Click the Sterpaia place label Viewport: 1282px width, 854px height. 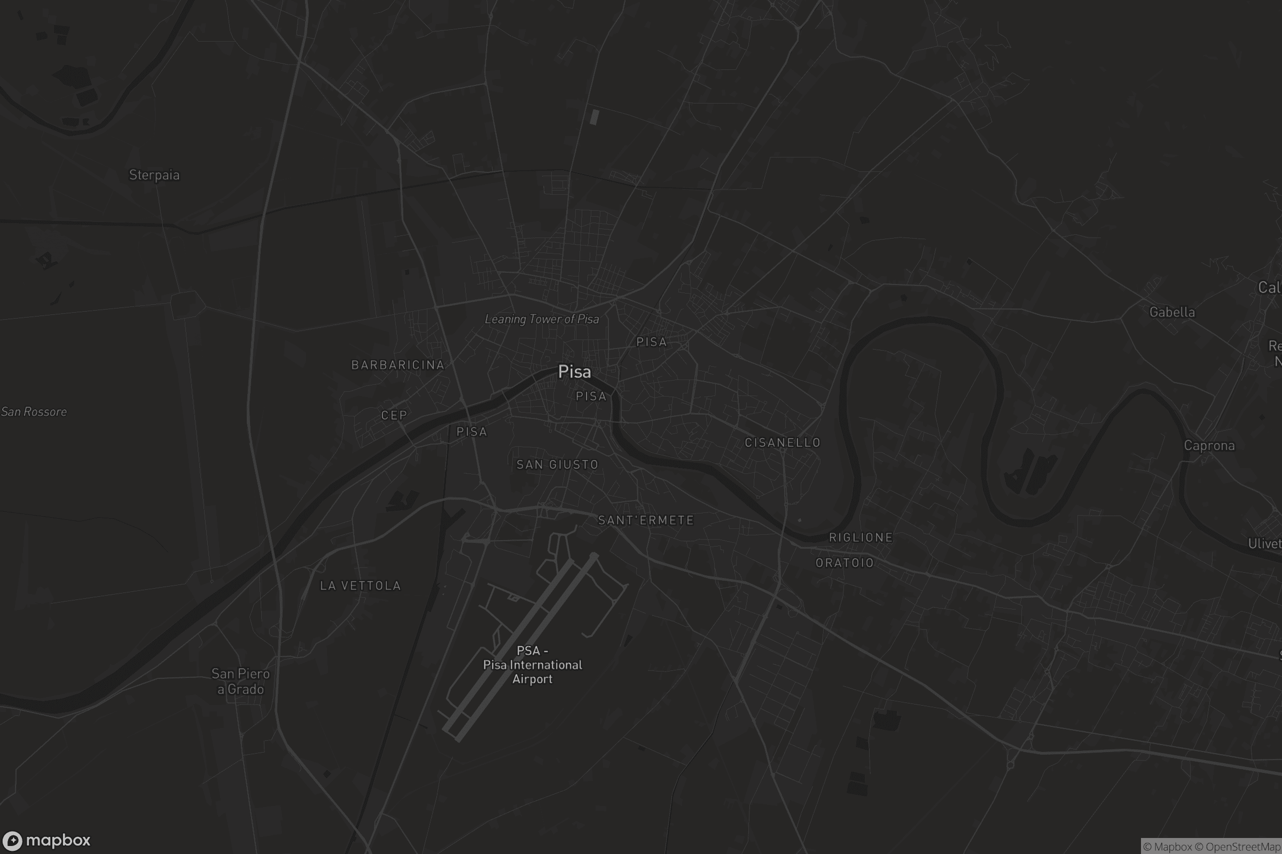154,175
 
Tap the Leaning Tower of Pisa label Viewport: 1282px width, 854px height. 542,319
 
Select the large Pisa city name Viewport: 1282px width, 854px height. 575,371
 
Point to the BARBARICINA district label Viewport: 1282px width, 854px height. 398,365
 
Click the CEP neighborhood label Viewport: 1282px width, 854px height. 394,416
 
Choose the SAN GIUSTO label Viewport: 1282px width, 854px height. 557,464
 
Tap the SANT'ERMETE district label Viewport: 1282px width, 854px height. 646,520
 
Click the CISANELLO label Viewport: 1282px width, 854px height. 783,443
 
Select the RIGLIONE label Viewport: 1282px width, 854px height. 861,537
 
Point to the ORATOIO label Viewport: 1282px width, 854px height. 845,563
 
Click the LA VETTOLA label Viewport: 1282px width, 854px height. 360,586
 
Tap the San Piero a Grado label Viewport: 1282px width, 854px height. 240,682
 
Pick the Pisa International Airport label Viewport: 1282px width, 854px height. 533,665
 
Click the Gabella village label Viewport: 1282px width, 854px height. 1172,312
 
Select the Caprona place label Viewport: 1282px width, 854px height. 1209,446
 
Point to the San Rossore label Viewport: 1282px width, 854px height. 34,412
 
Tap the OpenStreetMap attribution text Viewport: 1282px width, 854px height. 1243,847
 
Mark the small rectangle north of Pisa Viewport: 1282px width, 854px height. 595,116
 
